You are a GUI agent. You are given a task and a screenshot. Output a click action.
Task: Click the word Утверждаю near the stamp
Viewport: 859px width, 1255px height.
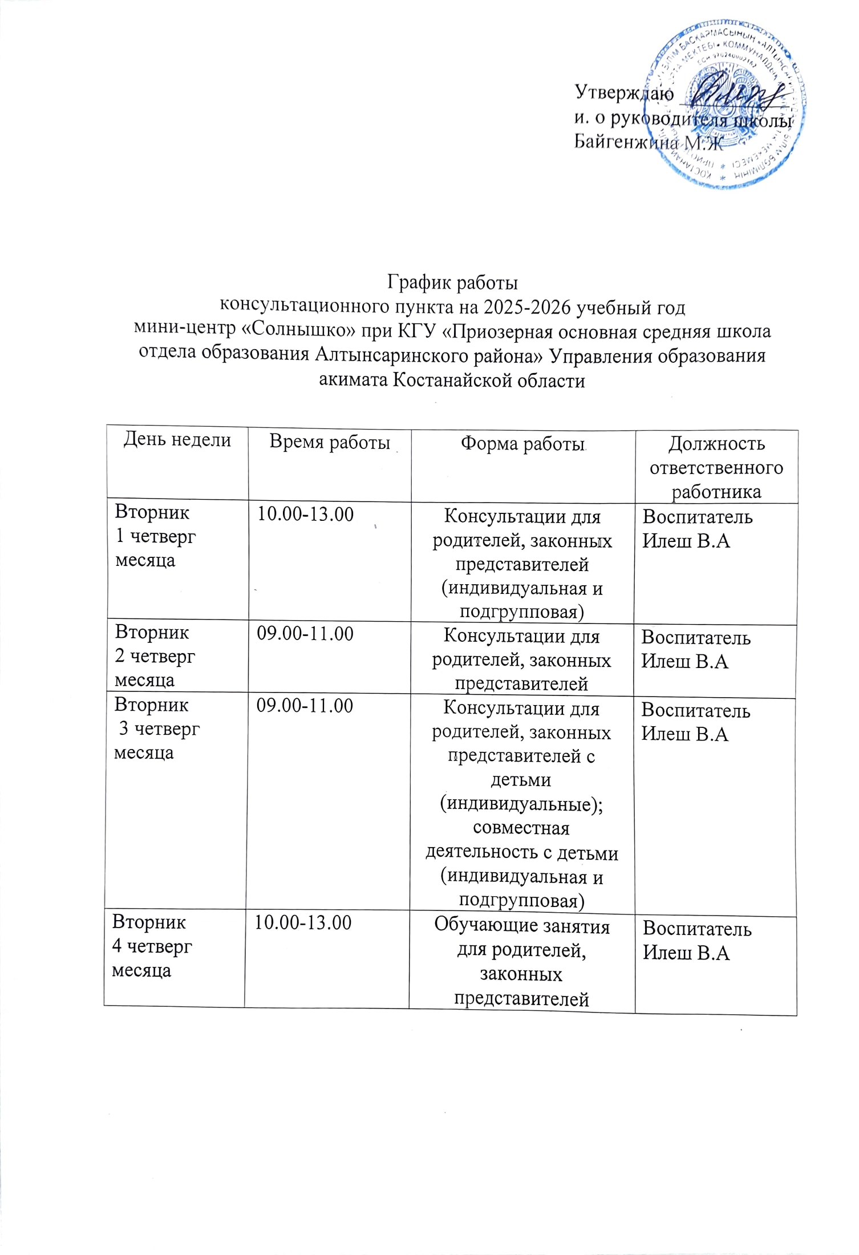click(x=623, y=92)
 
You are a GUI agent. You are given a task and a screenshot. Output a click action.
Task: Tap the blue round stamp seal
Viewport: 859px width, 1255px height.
click(x=724, y=106)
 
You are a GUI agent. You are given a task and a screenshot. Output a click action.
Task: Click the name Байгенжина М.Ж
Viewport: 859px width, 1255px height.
click(x=647, y=143)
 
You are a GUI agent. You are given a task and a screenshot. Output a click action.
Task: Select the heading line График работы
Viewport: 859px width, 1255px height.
click(x=452, y=282)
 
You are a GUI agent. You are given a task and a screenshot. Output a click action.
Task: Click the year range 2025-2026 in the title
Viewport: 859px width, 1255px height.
click(x=528, y=307)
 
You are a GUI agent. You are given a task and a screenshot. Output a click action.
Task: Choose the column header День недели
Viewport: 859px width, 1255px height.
click(x=177, y=440)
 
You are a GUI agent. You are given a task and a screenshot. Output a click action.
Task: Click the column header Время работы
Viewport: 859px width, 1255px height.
click(x=329, y=442)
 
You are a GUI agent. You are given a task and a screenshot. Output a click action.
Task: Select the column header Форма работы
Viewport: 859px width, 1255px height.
click(x=523, y=444)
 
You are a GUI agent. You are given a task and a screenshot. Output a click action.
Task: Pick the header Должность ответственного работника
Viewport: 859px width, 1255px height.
click(x=716, y=468)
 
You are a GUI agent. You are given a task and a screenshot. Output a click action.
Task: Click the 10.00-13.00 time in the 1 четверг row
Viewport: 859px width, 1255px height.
click(x=305, y=515)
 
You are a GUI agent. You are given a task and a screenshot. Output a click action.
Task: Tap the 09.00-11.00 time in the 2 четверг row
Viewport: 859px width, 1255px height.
click(x=305, y=634)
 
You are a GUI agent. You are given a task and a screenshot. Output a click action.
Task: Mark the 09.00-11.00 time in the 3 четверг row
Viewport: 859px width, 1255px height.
click(x=305, y=706)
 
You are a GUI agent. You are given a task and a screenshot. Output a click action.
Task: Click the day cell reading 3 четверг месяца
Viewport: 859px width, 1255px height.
click(x=157, y=729)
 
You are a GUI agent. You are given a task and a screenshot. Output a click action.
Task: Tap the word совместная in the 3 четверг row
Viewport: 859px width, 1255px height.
click(x=521, y=828)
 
